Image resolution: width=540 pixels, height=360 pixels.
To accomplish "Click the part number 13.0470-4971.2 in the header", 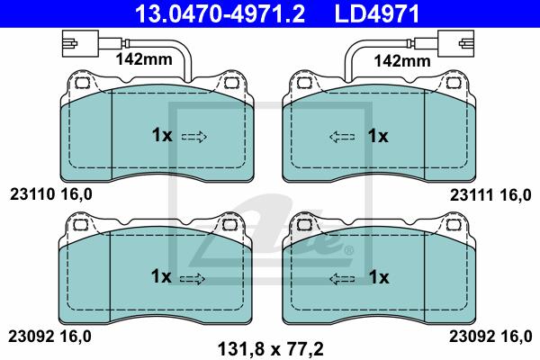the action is [220, 13].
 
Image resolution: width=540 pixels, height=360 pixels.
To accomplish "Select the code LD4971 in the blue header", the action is [377, 13].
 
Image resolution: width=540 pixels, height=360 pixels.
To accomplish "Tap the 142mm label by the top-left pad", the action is [144, 59].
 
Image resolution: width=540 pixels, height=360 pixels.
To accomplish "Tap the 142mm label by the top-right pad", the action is [402, 61].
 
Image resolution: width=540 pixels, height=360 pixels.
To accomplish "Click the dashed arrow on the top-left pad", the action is [193, 137].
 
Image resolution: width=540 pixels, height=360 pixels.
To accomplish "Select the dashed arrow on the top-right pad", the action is [342, 137].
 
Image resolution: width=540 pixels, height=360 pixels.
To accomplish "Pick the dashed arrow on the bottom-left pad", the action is [193, 279].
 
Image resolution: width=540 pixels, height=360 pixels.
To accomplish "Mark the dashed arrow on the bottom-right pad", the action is [342, 279].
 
